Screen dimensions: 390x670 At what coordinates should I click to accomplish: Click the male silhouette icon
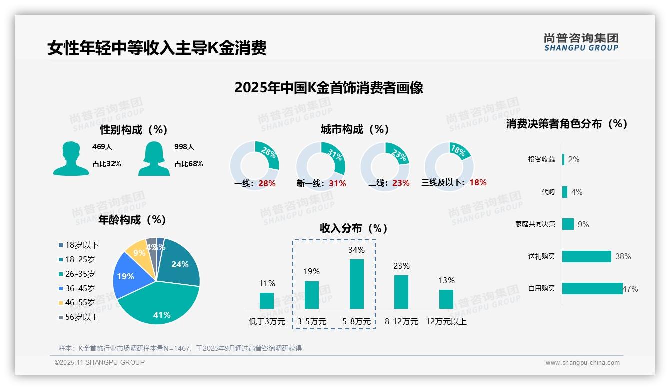pyautogui.click(x=71, y=158)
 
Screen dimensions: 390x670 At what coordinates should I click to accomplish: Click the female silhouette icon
pyautogui.click(x=154, y=158)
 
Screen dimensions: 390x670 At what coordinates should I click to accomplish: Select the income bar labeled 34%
pyautogui.click(x=356, y=284)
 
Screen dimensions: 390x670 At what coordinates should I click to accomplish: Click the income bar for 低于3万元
pyautogui.click(x=267, y=301)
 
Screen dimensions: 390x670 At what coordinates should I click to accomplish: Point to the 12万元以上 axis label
pyautogui.click(x=446, y=322)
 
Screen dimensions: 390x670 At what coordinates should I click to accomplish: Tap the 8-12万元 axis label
pyautogui.click(x=401, y=322)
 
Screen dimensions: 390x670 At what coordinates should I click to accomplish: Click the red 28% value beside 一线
pyautogui.click(x=267, y=183)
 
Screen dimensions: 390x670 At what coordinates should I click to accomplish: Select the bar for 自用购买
pyautogui.click(x=592, y=289)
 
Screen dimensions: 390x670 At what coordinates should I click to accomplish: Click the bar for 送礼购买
pyautogui.click(x=587, y=256)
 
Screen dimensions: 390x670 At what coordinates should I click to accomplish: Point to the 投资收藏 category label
pyautogui.click(x=541, y=159)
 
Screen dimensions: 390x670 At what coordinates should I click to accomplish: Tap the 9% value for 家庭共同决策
pyautogui.click(x=583, y=224)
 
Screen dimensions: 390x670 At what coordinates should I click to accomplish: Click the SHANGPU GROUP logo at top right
pyautogui.click(x=581, y=42)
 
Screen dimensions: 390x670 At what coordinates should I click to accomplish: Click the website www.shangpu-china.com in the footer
pyautogui.click(x=582, y=363)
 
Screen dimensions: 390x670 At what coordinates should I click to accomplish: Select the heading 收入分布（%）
pyautogui.click(x=354, y=228)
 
